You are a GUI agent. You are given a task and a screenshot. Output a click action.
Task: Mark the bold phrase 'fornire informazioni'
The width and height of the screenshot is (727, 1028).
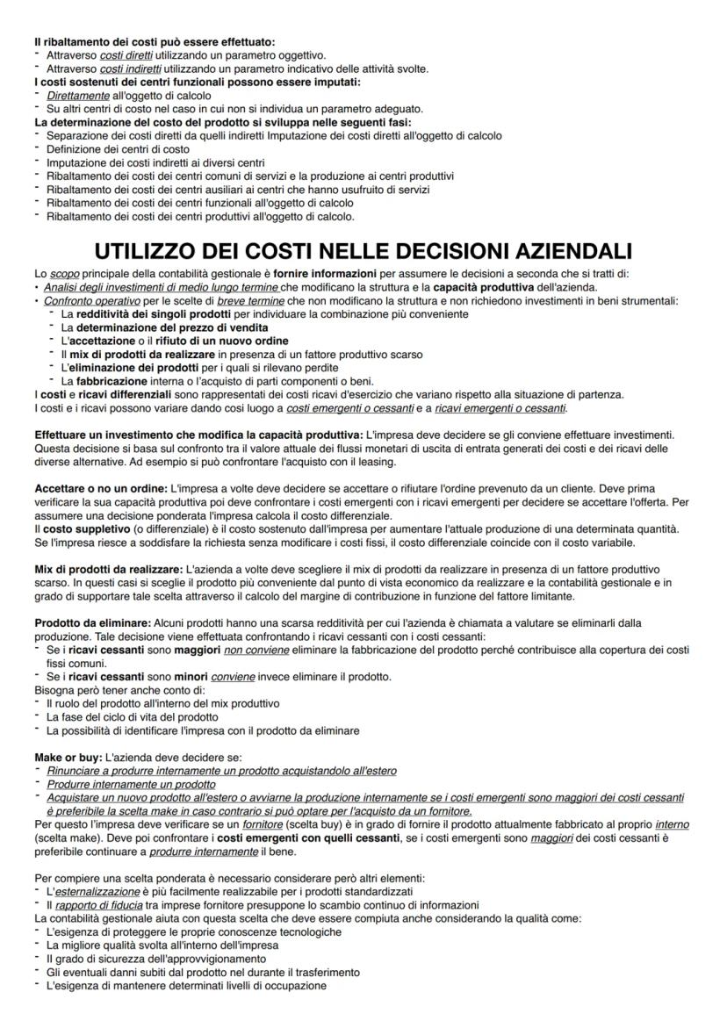(326, 275)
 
